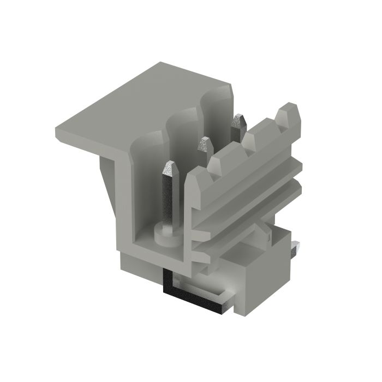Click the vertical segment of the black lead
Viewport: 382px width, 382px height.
(x=169, y=281)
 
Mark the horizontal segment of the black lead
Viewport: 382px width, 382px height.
(x=196, y=300)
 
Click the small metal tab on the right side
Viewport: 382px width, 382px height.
(x=295, y=249)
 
